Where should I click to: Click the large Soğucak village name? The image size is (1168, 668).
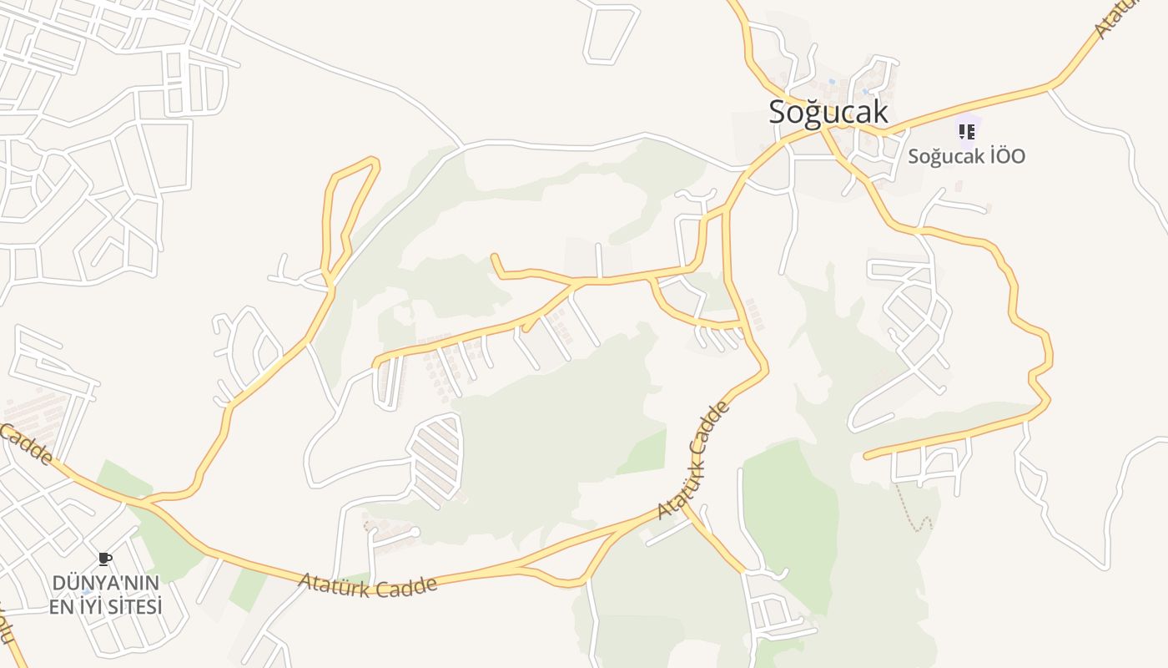point(828,112)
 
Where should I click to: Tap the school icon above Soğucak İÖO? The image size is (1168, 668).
point(966,131)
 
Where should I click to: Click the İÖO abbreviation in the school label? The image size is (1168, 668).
point(1004,156)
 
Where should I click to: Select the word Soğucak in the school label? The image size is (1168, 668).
point(943,156)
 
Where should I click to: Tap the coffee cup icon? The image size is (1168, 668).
point(104,559)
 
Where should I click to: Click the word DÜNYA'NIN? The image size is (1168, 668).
point(105,582)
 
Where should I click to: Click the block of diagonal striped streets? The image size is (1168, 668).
point(435,459)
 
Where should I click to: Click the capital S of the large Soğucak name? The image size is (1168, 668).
point(777,112)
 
